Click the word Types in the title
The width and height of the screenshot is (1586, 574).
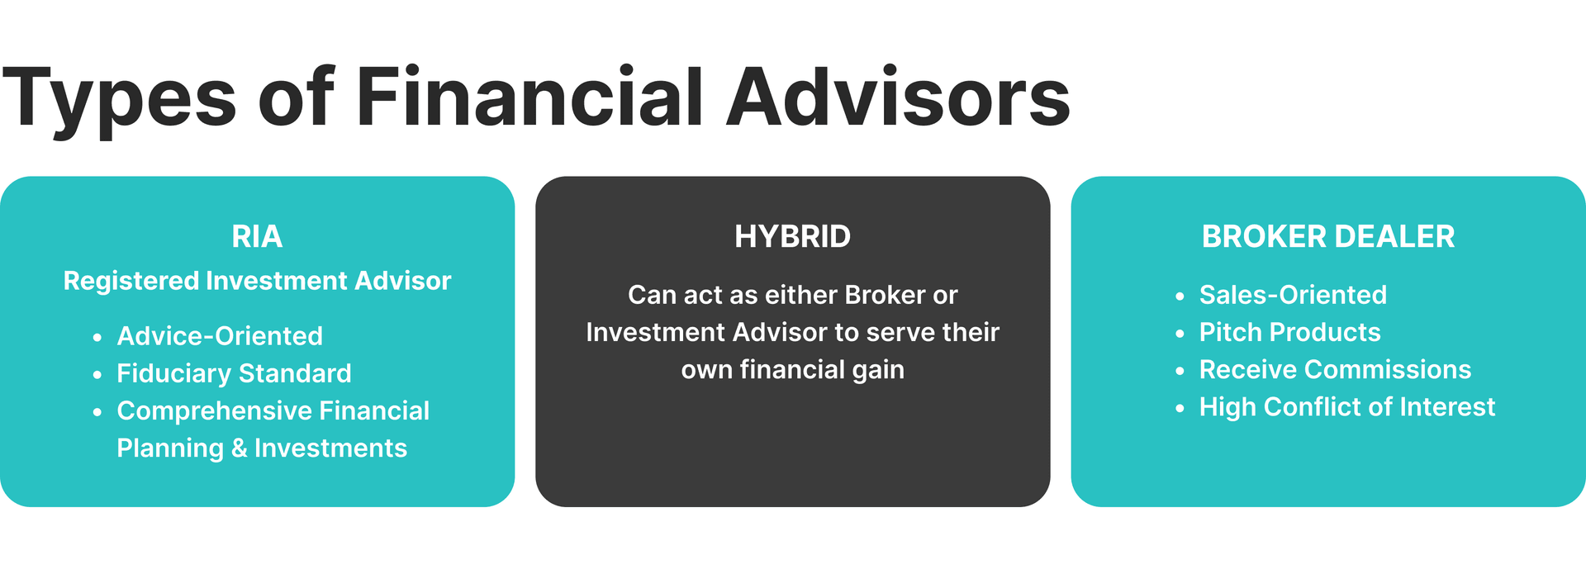(x=120, y=99)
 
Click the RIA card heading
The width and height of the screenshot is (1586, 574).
(x=257, y=237)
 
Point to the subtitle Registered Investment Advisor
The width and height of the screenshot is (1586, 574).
(x=257, y=281)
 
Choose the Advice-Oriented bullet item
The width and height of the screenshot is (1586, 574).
(x=220, y=336)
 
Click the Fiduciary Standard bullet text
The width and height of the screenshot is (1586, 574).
(x=234, y=373)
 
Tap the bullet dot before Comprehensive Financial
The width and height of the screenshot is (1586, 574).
(x=97, y=411)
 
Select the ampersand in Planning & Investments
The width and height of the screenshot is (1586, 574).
(x=239, y=448)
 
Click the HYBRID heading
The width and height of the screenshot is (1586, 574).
(x=792, y=237)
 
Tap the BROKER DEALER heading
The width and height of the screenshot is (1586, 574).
(x=1327, y=237)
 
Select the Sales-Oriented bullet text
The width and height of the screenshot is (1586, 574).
(x=1293, y=295)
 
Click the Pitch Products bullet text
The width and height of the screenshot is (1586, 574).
(x=1289, y=332)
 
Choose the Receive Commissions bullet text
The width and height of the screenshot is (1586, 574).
(x=1335, y=369)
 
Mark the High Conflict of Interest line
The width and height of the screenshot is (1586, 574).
(x=1346, y=407)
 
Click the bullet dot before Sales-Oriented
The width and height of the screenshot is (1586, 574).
(x=1180, y=296)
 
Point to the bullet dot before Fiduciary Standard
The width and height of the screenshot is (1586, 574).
(x=97, y=374)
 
